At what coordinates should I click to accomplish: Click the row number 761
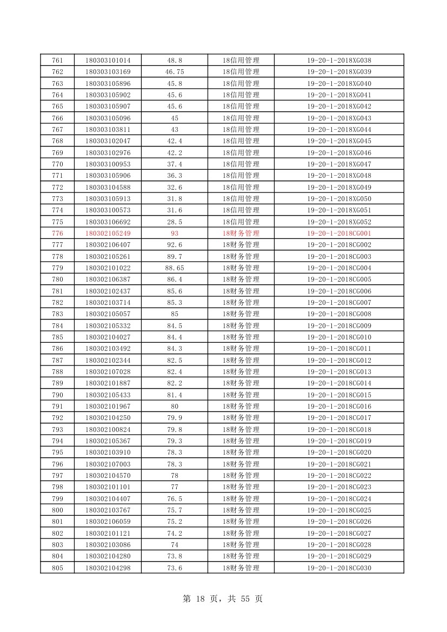tap(57, 60)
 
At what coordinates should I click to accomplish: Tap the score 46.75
tap(175, 72)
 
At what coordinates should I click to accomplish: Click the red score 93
tap(175, 234)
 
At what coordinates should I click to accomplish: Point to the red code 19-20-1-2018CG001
tap(339, 234)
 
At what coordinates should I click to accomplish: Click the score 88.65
tap(175, 268)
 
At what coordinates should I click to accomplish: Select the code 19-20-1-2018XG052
tap(339, 222)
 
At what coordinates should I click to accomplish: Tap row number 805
tap(57, 568)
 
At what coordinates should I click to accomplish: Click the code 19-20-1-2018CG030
tap(339, 568)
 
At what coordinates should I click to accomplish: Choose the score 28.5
tap(175, 222)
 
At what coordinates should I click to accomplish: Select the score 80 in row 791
tap(175, 407)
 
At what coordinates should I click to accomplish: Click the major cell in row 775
tap(241, 222)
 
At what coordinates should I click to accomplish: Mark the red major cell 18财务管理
tap(241, 234)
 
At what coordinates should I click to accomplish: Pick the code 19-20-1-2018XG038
tap(339, 60)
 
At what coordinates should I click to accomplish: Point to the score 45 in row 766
tap(175, 118)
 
